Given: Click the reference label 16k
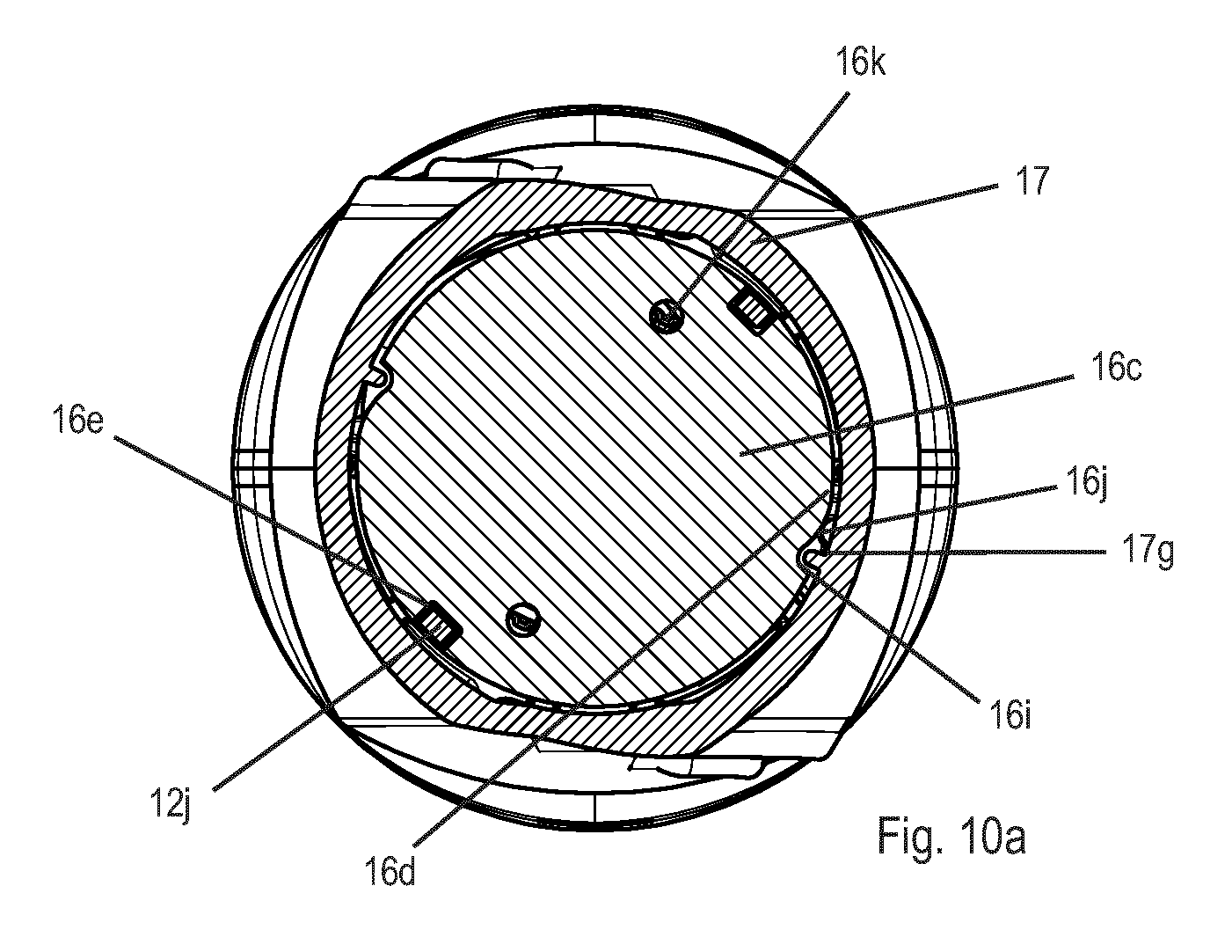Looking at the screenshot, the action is [860, 62].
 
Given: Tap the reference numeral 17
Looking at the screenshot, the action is [1032, 180].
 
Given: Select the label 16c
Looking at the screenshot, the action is [1117, 367].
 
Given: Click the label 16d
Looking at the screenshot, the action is [390, 871].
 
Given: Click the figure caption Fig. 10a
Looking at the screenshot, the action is [951, 836].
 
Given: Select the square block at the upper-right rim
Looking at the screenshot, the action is [750, 312].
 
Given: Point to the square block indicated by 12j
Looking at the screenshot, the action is [439, 625].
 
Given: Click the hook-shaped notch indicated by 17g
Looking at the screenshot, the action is [812, 556].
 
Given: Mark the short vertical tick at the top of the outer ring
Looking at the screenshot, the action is [595, 122].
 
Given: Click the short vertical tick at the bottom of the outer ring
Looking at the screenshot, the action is [595, 810].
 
